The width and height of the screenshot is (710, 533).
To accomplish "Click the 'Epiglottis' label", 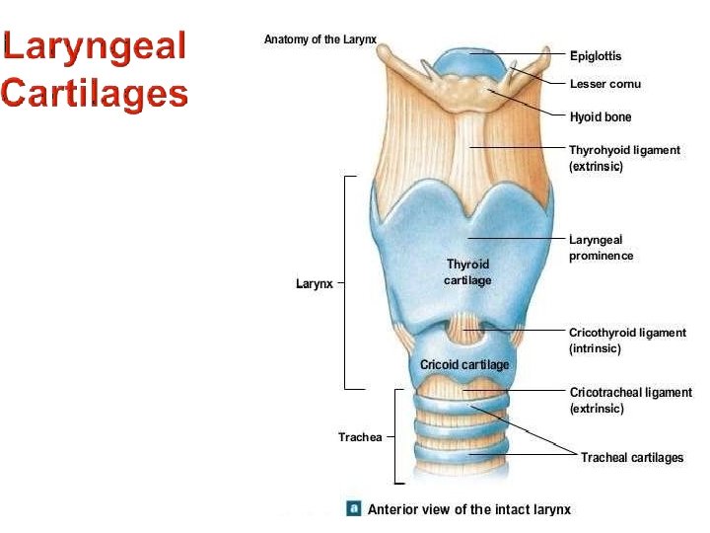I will [x=596, y=56].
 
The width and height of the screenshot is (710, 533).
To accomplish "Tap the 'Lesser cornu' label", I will [x=604, y=84].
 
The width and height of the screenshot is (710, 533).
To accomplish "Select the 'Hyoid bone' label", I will [x=601, y=117].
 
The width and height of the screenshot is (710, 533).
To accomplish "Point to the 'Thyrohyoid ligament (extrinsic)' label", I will [x=624, y=158].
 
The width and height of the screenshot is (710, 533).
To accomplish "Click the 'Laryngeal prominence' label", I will [x=601, y=248].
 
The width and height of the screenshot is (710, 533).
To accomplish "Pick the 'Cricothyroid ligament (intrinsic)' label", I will [x=627, y=341].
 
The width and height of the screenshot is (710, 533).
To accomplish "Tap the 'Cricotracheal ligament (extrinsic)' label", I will [x=631, y=400].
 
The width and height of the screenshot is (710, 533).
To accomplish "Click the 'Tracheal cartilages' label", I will [x=632, y=458].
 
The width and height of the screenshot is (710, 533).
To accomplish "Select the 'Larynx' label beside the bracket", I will [x=314, y=284].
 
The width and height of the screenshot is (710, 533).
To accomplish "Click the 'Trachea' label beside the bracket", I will [x=360, y=437].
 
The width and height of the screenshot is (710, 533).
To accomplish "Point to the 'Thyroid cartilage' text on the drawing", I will [x=467, y=272].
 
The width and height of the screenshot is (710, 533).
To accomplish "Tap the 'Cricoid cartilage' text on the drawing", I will [x=464, y=365].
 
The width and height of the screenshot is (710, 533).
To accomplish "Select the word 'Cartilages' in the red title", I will [x=95, y=93].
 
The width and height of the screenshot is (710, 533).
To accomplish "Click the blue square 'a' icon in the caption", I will [x=353, y=508].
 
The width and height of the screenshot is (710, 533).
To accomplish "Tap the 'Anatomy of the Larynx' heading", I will [x=320, y=39].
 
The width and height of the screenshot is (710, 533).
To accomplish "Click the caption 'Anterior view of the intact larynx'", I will [x=469, y=509].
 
